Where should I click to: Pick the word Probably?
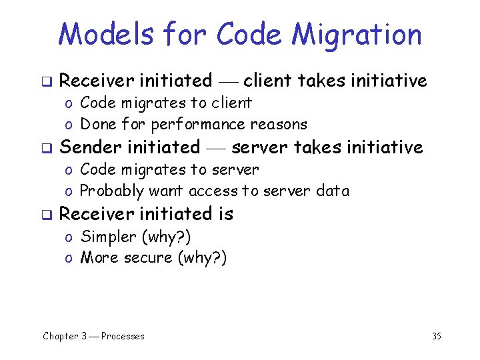[x=111, y=191]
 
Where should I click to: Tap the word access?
[x=213, y=191]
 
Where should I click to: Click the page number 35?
[x=436, y=336]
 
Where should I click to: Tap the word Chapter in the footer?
[x=61, y=336]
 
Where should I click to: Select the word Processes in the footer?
[x=123, y=336]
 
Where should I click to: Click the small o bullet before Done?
[x=69, y=125]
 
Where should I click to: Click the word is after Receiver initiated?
[x=225, y=214]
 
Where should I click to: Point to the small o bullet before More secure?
[x=69, y=259]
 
